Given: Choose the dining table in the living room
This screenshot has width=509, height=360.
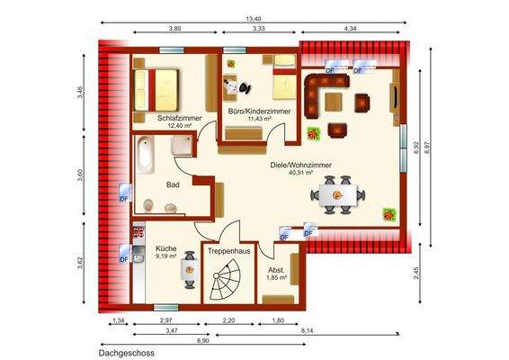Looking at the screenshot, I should (340, 194).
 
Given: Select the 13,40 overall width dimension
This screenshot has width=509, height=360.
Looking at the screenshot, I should (254, 17).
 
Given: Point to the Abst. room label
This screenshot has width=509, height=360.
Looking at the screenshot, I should (276, 269).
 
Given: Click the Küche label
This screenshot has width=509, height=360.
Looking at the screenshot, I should (166, 247).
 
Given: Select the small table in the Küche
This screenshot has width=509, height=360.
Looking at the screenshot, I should (189, 268).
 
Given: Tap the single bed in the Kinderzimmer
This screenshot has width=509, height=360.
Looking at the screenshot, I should (281, 80).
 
